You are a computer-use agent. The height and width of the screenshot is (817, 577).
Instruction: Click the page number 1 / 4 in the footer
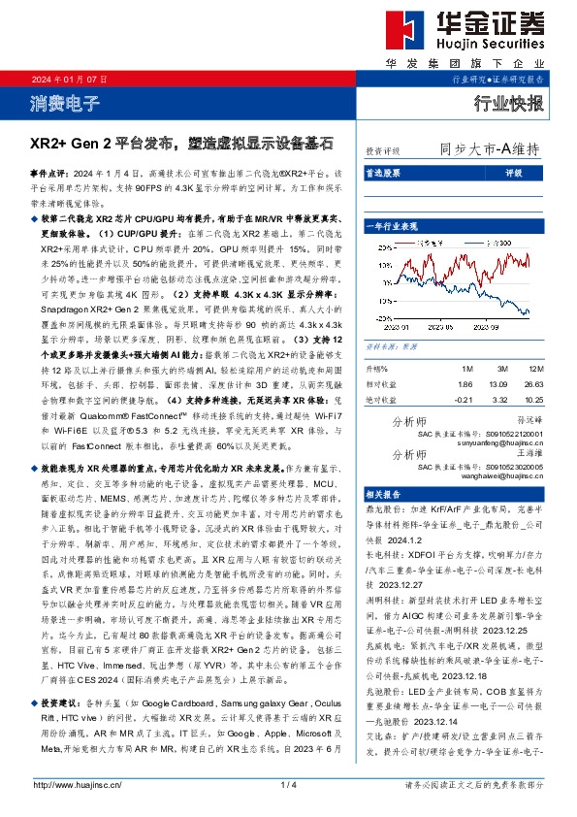click(x=287, y=783)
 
